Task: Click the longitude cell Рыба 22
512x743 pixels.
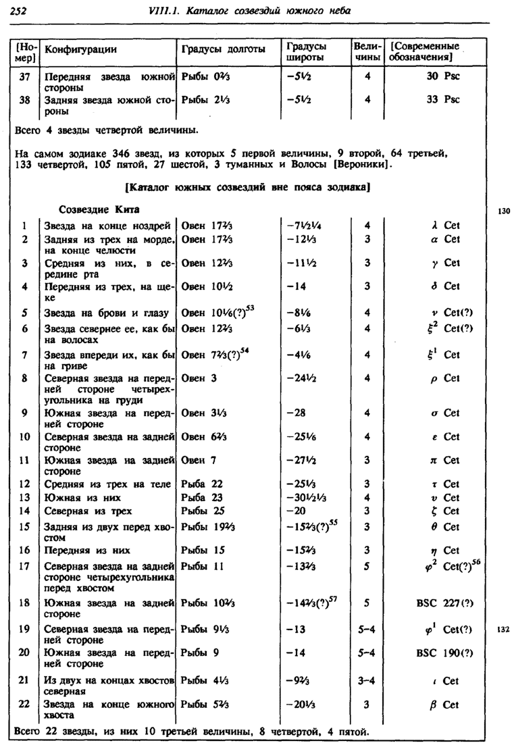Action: [202, 484]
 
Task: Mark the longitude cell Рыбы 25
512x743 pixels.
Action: [202, 510]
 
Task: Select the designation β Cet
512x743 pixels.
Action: [444, 704]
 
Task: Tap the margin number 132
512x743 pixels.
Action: [502, 629]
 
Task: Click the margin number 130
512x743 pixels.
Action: [502, 211]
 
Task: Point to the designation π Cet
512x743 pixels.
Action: [444, 460]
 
